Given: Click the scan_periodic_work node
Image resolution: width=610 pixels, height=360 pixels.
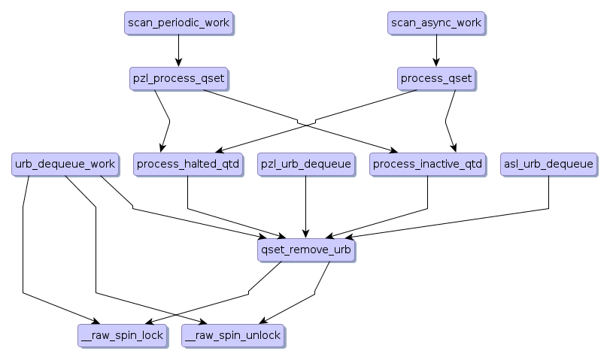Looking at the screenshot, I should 178,23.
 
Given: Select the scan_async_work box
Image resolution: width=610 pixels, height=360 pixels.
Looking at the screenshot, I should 435,23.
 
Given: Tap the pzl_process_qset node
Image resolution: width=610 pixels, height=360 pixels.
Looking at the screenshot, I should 178,78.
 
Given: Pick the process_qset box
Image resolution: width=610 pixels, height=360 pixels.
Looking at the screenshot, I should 436,78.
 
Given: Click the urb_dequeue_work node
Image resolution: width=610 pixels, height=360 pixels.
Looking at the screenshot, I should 65,164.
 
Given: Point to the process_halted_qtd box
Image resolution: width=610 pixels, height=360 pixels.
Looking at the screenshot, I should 188,164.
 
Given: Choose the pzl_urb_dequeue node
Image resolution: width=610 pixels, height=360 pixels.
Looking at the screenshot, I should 305,164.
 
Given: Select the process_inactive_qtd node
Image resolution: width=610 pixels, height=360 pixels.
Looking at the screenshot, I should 427,164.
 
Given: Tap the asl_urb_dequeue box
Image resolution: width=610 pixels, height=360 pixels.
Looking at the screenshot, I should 548,164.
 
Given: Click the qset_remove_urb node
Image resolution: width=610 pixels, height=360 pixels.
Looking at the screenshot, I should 305,250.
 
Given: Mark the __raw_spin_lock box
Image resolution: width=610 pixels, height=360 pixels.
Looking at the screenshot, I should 121,335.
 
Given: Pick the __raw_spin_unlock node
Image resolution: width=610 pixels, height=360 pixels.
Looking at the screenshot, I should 232,335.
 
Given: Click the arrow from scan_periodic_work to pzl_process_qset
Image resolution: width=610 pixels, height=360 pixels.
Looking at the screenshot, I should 178,50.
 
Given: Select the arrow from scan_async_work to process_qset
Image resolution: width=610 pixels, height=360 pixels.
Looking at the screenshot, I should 435,50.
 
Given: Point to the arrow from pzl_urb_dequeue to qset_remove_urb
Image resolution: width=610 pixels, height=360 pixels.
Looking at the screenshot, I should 305,207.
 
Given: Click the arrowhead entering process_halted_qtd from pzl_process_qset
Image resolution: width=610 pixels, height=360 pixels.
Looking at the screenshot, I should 162,148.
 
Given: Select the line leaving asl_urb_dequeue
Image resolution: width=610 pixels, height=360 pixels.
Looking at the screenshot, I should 548,195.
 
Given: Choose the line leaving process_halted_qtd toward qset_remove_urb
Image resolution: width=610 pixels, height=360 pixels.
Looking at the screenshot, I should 187,195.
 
